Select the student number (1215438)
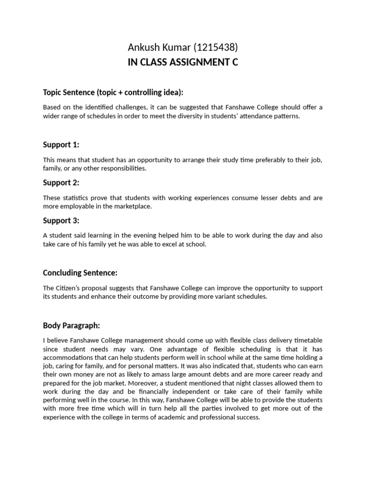tap(215, 47)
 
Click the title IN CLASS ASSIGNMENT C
tap(183, 62)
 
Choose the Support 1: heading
tap(61, 144)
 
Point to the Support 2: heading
tap(61, 183)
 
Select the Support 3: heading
tap(61, 221)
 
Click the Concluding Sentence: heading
tap(80, 273)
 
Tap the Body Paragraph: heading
tap(71, 325)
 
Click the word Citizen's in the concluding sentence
tap(70, 288)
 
